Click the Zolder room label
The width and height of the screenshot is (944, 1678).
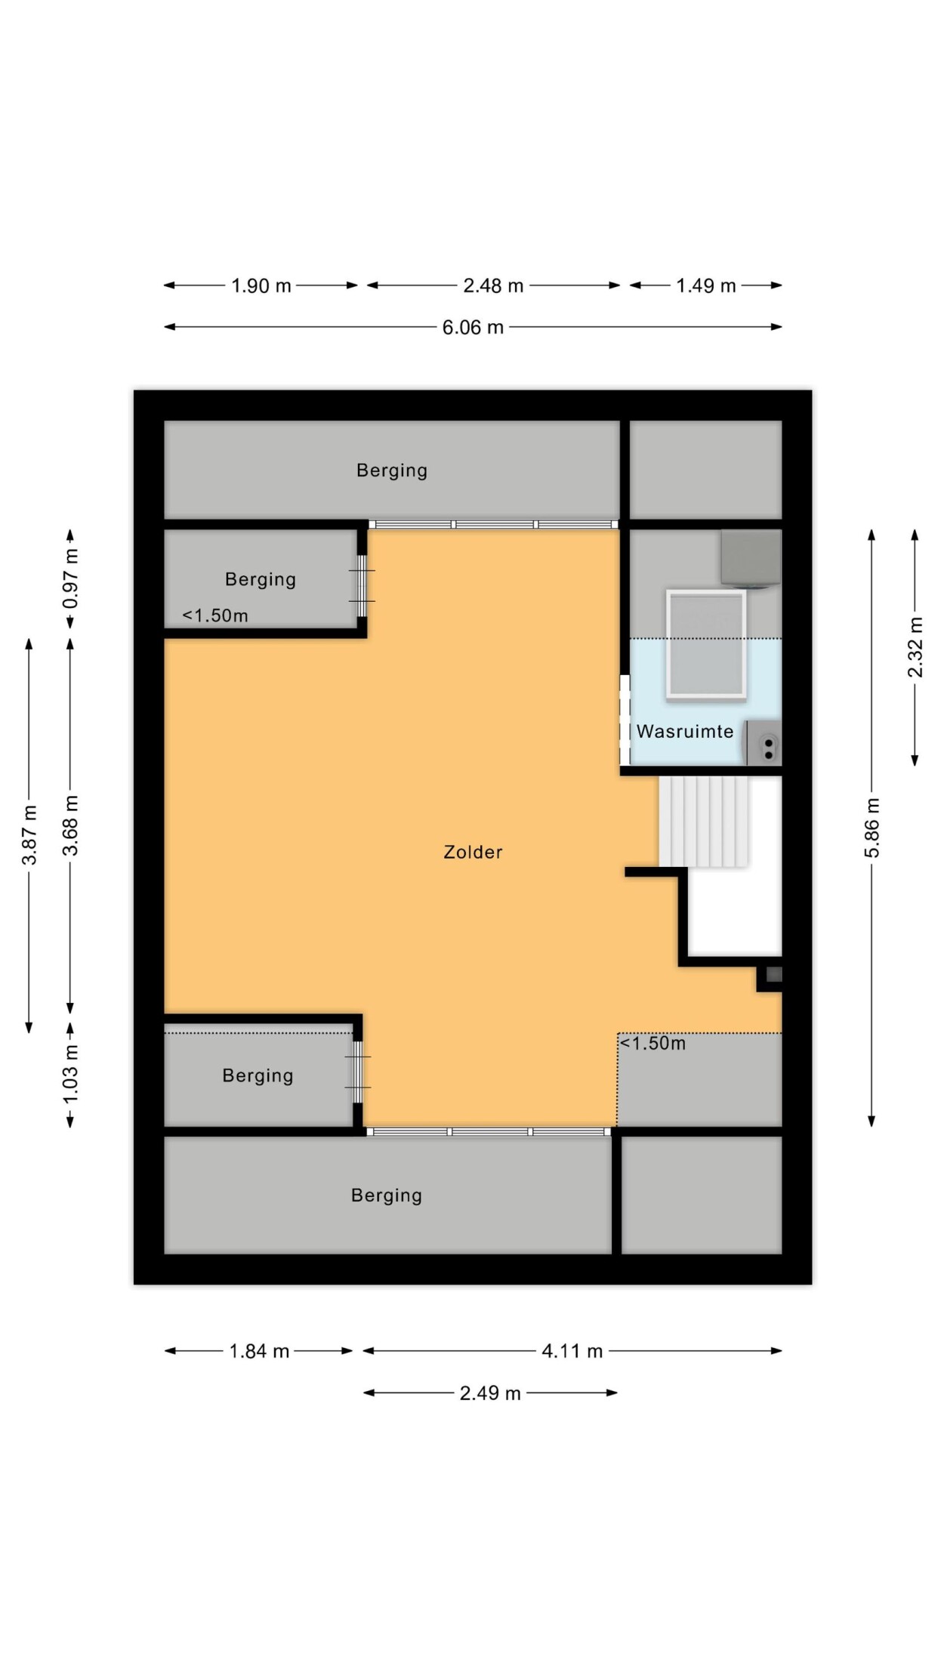point(473,852)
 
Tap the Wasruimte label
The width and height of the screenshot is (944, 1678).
point(685,731)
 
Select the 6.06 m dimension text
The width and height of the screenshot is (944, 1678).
point(473,327)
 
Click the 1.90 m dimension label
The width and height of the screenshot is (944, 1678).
point(261,285)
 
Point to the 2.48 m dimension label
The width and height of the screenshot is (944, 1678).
point(493,285)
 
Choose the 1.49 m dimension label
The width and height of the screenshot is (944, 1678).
point(706,285)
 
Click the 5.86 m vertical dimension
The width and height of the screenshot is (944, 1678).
point(872,828)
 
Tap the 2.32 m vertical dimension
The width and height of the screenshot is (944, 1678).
point(915,648)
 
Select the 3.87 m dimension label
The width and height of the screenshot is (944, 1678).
point(29,835)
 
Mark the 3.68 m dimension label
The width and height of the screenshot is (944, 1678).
point(70,825)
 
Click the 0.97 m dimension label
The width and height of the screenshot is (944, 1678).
point(70,578)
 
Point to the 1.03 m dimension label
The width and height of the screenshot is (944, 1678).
point(70,1074)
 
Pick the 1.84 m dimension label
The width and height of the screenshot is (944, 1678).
point(259,1351)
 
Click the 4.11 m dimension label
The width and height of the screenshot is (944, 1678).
point(572,1351)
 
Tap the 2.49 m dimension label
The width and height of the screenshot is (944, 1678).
point(490,1393)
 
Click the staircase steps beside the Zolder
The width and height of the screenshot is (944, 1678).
point(705,822)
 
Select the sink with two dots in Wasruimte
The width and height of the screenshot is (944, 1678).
point(764,743)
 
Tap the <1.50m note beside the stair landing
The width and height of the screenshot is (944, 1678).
point(652,1044)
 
